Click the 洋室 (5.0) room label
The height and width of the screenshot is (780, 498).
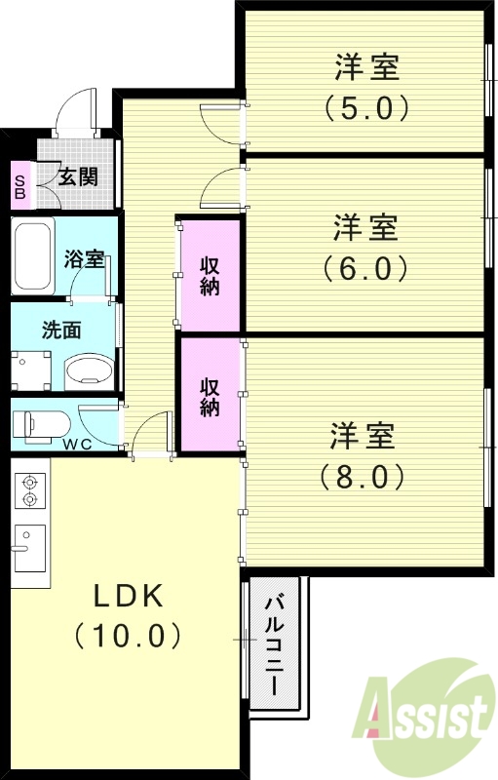click(x=366, y=86)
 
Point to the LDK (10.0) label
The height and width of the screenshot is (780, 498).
click(x=128, y=615)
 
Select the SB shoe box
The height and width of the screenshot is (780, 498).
click(x=19, y=185)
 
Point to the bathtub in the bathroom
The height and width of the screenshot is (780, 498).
click(x=35, y=256)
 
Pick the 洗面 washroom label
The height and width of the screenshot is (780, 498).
click(x=61, y=329)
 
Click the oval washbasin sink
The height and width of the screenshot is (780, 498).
click(x=89, y=371)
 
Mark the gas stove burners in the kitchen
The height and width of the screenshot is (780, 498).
click(x=29, y=489)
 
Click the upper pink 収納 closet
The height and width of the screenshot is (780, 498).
click(x=210, y=274)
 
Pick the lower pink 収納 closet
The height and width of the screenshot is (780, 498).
click(x=210, y=394)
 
